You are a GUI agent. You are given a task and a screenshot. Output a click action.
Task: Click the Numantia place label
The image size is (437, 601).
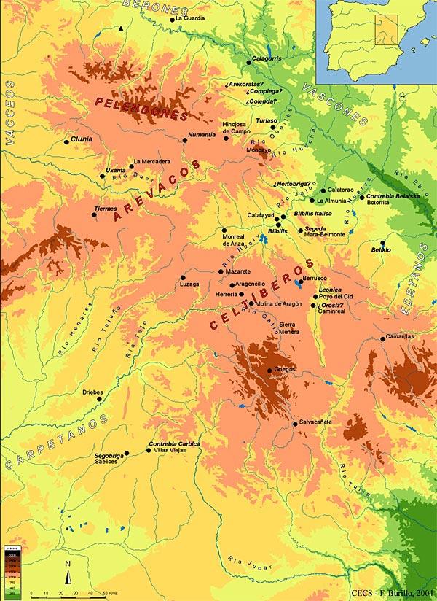click(x=202, y=134)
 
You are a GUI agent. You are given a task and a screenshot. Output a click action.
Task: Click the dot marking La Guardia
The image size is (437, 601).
click(x=172, y=20)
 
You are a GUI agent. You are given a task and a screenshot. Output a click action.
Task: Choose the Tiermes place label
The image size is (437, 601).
click(x=106, y=209)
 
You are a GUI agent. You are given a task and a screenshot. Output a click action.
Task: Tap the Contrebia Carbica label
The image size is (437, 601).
click(x=174, y=443)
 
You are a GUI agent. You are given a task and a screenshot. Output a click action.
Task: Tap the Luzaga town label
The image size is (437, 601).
click(x=189, y=284)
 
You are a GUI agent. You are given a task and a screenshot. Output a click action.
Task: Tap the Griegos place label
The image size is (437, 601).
click(x=286, y=369)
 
